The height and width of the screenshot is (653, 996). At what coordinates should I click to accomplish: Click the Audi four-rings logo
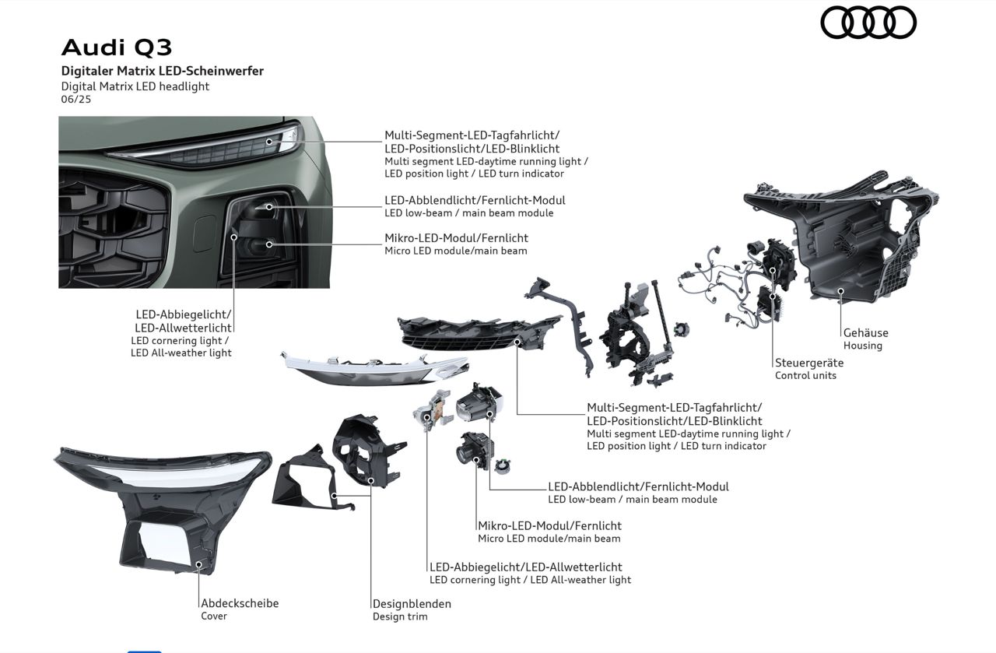coord(868,22)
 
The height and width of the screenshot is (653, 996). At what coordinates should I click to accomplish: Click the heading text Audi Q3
coord(117,47)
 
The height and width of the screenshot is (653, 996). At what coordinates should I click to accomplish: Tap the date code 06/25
coord(76,100)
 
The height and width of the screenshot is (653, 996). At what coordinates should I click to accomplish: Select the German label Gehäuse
coord(865,333)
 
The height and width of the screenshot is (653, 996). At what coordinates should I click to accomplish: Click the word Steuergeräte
coord(809,363)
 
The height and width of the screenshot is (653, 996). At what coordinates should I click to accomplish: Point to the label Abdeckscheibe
coord(240,603)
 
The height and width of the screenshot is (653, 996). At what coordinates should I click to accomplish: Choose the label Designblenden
coord(412,604)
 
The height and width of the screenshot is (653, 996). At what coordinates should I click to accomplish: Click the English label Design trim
coord(400,617)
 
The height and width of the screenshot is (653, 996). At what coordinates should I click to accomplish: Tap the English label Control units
coord(805,376)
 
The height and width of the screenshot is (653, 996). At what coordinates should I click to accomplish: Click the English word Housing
coord(863,346)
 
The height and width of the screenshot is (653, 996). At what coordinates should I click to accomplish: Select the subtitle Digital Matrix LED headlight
coord(135,86)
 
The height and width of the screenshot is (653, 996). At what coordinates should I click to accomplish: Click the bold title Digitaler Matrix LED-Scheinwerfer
coord(163,71)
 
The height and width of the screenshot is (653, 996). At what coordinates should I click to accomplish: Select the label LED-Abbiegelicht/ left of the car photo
coord(184,314)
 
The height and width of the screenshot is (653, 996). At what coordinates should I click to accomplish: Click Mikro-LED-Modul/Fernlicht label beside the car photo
coord(456,238)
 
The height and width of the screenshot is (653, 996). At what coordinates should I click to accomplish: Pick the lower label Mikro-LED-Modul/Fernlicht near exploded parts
coord(549,526)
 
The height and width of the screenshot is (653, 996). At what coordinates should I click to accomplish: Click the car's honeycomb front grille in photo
coord(113,226)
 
